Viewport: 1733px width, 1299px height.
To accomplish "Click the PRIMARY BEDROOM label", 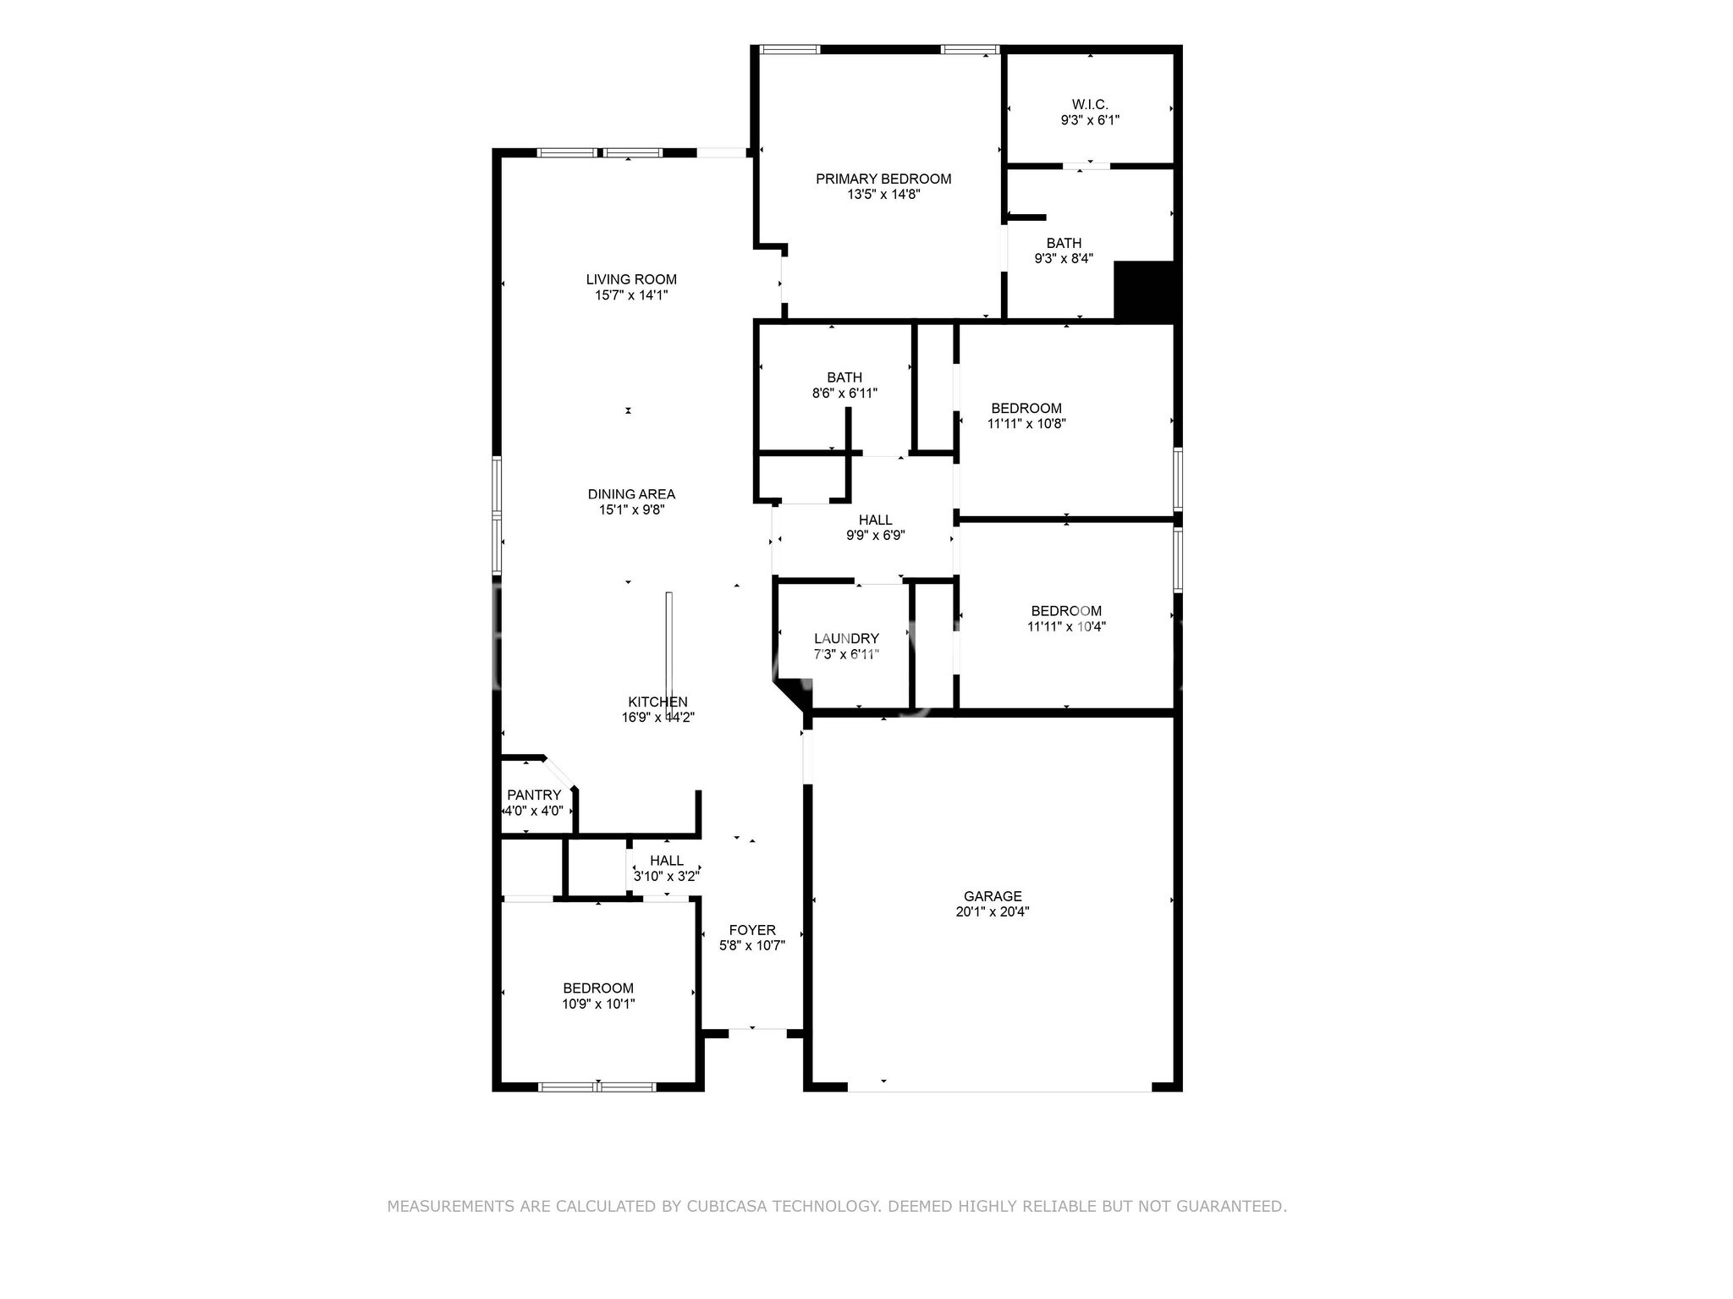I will [x=883, y=179].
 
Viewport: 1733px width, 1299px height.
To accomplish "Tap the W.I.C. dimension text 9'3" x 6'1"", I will [x=1090, y=120].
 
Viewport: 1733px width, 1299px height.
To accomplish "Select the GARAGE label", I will [x=993, y=896].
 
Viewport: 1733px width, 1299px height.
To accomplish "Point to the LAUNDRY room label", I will [x=846, y=638].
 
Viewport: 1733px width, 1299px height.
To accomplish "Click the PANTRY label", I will [x=533, y=795].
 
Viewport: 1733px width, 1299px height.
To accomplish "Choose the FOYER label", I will [x=751, y=930].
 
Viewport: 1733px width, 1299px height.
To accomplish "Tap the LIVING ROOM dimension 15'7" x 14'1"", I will [x=631, y=295].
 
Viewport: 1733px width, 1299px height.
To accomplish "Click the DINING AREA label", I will [x=631, y=494].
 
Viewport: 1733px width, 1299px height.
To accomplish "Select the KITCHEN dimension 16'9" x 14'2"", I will [x=657, y=718].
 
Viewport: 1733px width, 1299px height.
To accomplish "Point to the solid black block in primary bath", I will [x=1144, y=289].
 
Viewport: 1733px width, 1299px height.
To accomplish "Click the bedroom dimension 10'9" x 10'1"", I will [x=598, y=1005].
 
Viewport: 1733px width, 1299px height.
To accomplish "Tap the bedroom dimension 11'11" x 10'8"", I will [x=1026, y=424].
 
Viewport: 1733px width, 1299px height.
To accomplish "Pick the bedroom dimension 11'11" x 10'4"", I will [x=1066, y=627].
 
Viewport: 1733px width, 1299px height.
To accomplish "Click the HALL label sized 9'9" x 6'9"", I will [x=875, y=520].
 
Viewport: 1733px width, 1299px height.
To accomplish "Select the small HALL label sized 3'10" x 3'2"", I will [x=667, y=861].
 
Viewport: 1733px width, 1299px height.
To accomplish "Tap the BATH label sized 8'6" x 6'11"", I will [x=844, y=377].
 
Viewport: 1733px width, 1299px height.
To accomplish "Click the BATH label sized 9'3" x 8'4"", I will [x=1064, y=243].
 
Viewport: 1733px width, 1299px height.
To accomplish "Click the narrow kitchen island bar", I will [x=668, y=652].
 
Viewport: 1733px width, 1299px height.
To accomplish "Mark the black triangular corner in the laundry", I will [x=791, y=692].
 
